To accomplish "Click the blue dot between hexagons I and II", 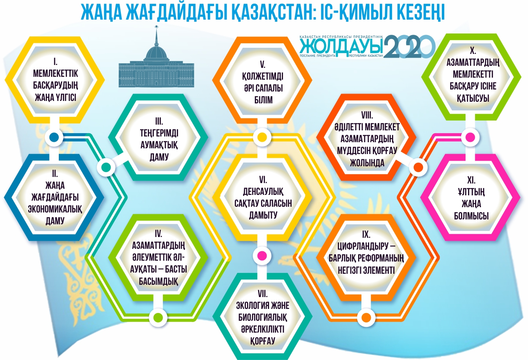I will (54, 137).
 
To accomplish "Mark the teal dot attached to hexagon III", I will (105, 167).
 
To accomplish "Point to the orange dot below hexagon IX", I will (366, 316).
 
